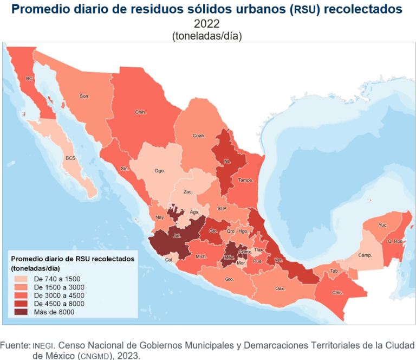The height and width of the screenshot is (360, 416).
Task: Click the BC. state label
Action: coord(30,79)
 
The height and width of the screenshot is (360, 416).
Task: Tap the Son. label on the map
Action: coord(84,97)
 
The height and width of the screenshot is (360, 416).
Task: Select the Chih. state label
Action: coord(141,113)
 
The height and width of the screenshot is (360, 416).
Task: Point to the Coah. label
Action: coord(199,136)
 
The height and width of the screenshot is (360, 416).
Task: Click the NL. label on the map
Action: coord(227,161)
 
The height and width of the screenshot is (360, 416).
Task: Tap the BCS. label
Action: coord(70,158)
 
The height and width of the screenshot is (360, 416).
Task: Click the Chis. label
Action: coord(337,292)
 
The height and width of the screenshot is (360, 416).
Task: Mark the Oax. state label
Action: coord(279,288)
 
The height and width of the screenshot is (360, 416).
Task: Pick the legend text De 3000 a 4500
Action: coord(58,295)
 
